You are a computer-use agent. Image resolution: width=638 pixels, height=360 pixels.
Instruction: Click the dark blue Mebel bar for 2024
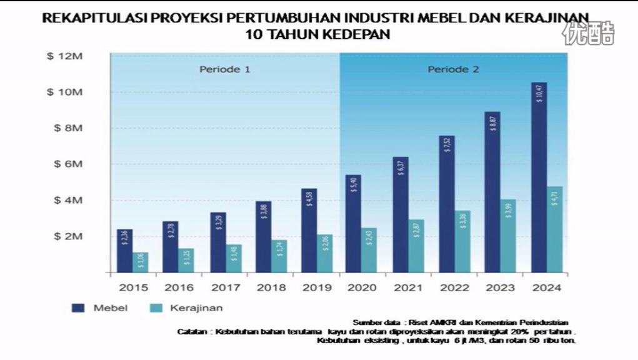point(539,177)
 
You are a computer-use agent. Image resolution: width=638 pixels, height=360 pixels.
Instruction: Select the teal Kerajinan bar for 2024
point(555,229)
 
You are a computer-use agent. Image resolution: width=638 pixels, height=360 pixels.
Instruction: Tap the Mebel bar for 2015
point(124,251)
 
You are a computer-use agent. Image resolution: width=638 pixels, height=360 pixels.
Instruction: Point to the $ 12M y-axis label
point(65,56)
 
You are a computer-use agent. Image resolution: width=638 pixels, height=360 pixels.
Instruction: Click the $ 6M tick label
point(67,164)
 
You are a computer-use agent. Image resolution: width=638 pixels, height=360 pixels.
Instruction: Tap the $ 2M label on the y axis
point(67,236)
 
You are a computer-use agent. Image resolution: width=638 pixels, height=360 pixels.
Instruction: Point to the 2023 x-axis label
point(501,287)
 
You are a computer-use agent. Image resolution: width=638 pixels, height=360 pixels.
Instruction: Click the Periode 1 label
point(224,69)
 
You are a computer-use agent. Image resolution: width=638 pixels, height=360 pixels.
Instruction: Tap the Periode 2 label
point(453,69)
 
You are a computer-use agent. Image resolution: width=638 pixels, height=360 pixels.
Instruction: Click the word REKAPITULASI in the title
point(86,17)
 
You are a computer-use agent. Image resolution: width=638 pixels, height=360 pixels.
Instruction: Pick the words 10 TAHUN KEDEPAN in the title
point(318,34)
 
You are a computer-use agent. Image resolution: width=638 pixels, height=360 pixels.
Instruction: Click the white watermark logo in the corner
point(588,33)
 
